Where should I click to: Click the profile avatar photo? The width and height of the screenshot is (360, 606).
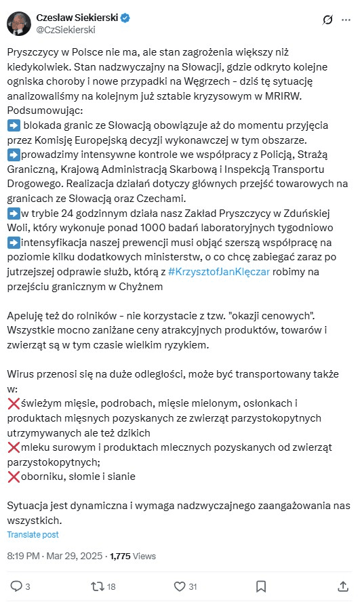[18, 23]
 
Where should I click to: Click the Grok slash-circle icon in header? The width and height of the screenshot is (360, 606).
[327, 20]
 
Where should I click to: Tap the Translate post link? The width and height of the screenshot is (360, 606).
[33, 534]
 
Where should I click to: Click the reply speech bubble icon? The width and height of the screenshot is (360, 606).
[17, 586]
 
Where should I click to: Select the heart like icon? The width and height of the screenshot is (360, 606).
[180, 586]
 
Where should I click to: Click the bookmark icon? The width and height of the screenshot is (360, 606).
[261, 586]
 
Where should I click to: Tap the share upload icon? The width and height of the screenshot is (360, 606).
[342, 586]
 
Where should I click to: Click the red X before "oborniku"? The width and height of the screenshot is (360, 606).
[13, 476]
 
